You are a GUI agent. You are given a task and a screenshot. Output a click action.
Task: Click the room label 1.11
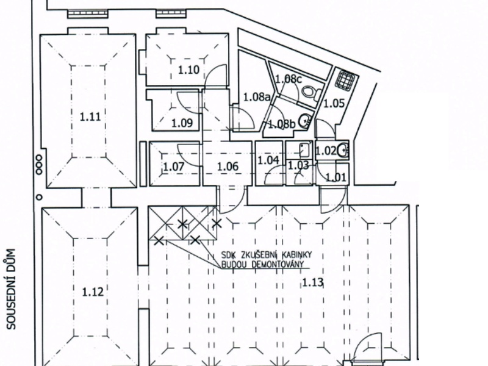click(x=90, y=117)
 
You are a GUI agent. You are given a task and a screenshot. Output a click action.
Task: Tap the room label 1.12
click(x=93, y=292)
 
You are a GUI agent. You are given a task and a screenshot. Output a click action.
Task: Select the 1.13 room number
click(x=313, y=282)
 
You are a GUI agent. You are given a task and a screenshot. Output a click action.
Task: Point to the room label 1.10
click(x=188, y=70)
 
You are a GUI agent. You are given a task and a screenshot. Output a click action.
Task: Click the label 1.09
click(x=182, y=123)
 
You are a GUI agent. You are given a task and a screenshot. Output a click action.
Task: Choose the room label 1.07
click(x=174, y=167)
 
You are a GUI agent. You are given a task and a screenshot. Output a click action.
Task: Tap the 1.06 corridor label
click(x=228, y=166)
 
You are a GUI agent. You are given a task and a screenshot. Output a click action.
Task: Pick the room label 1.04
click(x=268, y=160)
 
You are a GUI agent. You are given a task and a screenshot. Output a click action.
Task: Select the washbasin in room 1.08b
click(x=304, y=120)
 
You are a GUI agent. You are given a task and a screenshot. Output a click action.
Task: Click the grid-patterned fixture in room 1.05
click(x=345, y=80)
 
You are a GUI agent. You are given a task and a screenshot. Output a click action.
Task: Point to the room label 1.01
click(x=336, y=178)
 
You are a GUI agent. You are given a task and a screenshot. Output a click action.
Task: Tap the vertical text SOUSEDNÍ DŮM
click(x=11, y=289)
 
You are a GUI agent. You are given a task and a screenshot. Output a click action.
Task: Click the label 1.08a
click(x=256, y=98)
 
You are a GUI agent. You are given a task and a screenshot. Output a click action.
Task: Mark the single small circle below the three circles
click(x=39, y=197)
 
